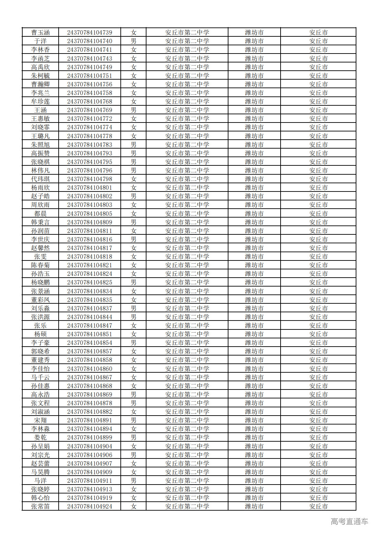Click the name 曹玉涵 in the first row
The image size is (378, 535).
pyautogui.click(x=40, y=33)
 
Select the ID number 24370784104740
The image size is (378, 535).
pyautogui.click(x=90, y=41)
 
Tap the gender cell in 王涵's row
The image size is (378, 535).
pyautogui.click(x=133, y=110)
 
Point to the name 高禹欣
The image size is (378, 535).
pyautogui.click(x=40, y=67)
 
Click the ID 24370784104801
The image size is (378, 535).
pyautogui.click(x=90, y=188)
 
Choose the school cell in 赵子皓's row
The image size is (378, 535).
pyautogui.click(x=187, y=196)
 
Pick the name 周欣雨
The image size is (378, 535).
pyautogui.click(x=40, y=205)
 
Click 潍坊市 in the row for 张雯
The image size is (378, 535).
pyautogui.click(x=254, y=257)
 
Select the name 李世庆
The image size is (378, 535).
pyautogui.click(x=40, y=240)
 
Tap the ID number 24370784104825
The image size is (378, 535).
pyautogui.click(x=90, y=282)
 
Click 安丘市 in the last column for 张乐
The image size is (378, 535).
pyautogui.click(x=318, y=326)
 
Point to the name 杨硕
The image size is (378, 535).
pyautogui.click(x=40, y=334)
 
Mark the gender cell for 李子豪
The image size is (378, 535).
pyautogui.click(x=133, y=343)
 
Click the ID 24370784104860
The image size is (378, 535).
pyautogui.click(x=90, y=369)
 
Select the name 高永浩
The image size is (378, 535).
pyautogui.click(x=40, y=395)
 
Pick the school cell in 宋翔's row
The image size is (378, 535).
pyautogui.click(x=187, y=420)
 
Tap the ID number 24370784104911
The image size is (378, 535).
pyautogui.click(x=90, y=481)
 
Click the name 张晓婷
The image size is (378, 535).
pyautogui.click(x=40, y=489)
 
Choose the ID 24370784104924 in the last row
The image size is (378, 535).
pyautogui.click(x=90, y=507)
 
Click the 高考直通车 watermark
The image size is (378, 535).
pyautogui.click(x=349, y=522)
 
